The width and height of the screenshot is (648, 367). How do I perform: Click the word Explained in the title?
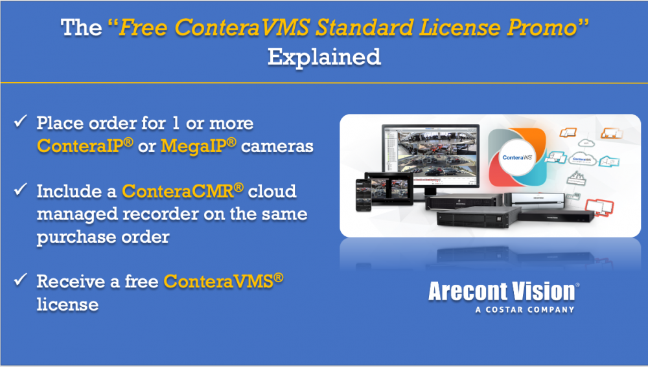coord(324,56)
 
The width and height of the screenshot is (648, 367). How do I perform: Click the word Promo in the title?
coord(542,28)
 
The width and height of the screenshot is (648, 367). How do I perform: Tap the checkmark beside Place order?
coord(20,121)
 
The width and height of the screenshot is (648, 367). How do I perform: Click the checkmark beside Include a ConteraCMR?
coord(20,189)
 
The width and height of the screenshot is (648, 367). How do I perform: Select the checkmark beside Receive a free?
coord(20,280)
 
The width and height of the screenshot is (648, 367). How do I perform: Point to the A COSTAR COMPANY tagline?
coord(525,309)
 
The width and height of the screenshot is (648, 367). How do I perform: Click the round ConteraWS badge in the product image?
coord(517,157)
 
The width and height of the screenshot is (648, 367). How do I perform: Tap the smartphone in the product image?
coord(364,195)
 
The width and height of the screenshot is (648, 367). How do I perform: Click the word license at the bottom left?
coord(68,305)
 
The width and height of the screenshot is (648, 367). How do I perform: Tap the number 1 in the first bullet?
coord(176,123)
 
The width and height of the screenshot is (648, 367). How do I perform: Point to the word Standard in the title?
coord(364,28)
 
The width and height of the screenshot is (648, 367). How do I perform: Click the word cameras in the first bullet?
coord(277,146)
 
